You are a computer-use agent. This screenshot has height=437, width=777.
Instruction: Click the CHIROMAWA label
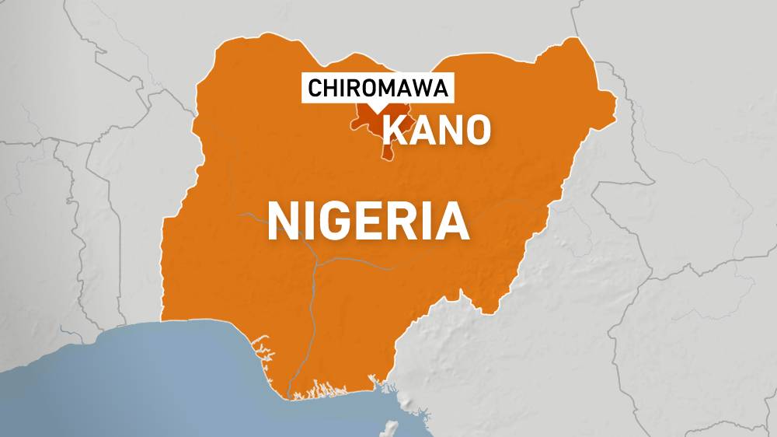[x=378, y=89]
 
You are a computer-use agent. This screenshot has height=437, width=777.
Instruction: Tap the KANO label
[x=437, y=129]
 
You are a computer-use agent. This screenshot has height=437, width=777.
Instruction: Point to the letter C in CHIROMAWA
[x=315, y=89]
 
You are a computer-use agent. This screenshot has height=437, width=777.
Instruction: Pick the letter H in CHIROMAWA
[x=329, y=89]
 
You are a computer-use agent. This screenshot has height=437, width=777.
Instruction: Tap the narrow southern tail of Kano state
[x=385, y=153]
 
